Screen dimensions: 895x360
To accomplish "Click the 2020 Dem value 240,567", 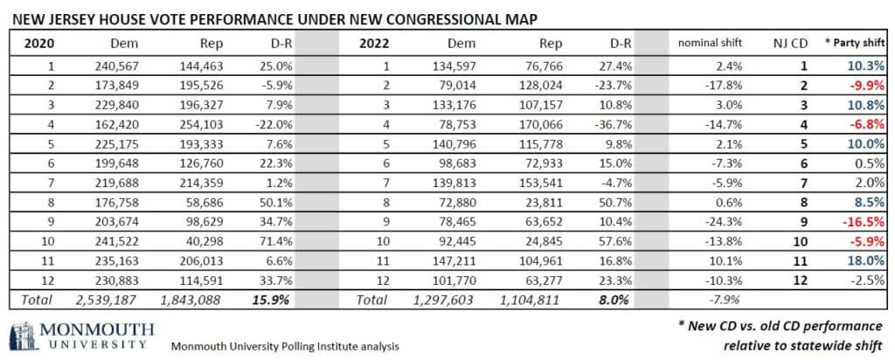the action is pyautogui.click(x=117, y=66).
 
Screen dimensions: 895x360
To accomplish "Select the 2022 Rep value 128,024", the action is pyautogui.click(x=541, y=87).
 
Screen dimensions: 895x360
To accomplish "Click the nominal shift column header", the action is pyautogui.click(x=710, y=43).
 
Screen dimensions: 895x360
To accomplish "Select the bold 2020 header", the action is pyautogui.click(x=38, y=44).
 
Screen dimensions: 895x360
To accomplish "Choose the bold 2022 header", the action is pyautogui.click(x=374, y=44).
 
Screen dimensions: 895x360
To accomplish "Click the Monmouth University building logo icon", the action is pyautogui.click(x=21, y=336).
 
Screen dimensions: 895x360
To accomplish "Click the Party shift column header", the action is pyautogui.click(x=855, y=43).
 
